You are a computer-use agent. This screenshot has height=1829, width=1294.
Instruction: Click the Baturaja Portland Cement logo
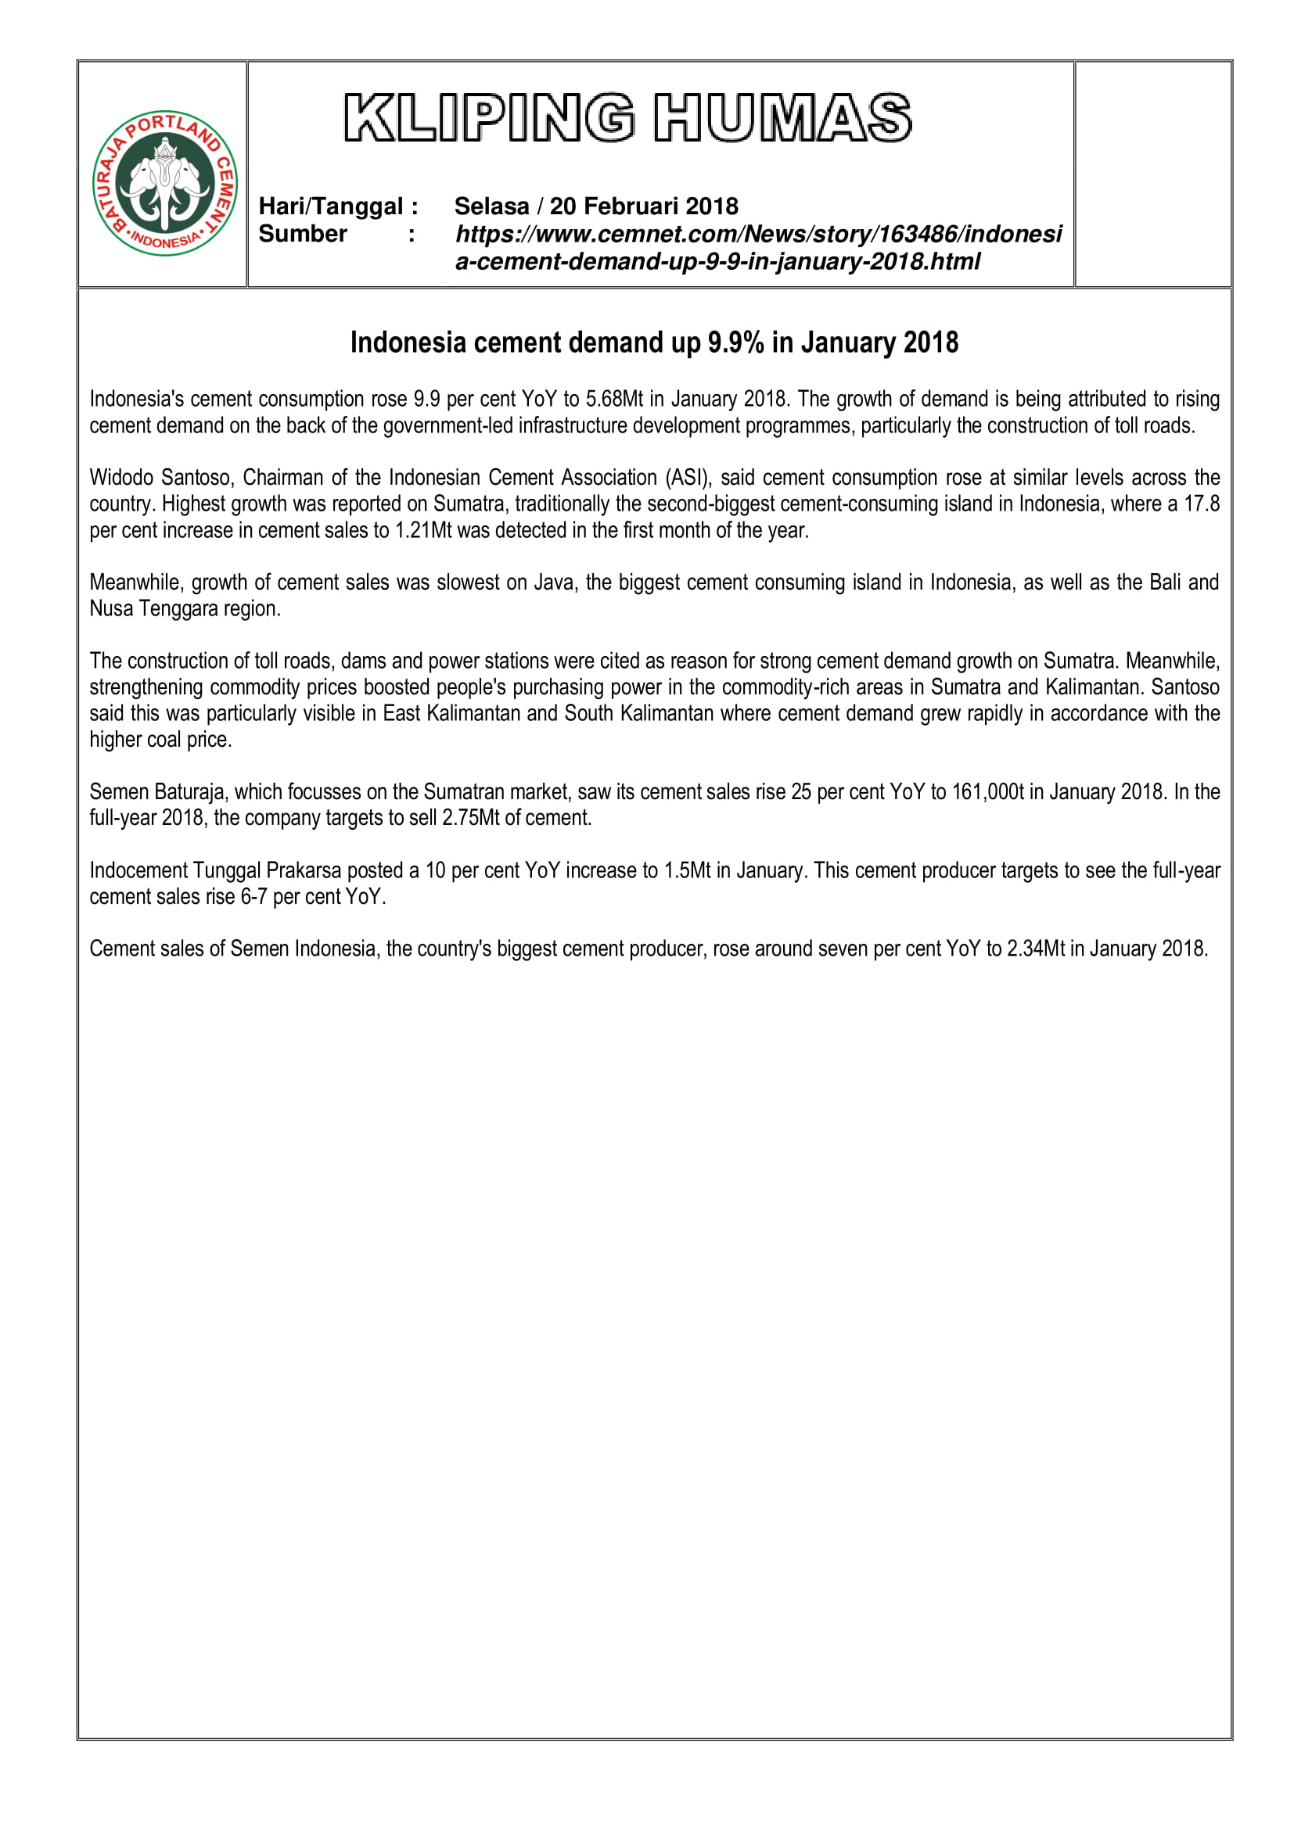[165, 183]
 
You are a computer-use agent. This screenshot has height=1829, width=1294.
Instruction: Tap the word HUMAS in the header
[782, 119]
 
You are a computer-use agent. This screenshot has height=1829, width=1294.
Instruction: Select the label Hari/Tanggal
[331, 206]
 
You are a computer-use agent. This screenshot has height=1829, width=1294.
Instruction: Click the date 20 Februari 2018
[644, 206]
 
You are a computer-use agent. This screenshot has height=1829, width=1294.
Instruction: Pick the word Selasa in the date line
[491, 206]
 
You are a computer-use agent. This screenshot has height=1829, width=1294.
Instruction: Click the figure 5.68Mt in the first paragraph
[613, 399]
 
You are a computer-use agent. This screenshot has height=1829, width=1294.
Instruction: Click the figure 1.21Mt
[423, 530]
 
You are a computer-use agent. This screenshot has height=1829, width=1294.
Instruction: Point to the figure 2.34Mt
[1036, 949]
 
